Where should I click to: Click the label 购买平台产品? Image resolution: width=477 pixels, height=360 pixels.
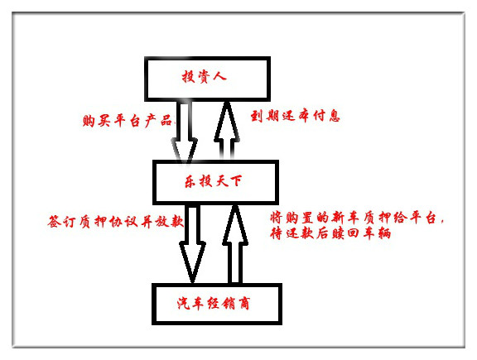[127, 121]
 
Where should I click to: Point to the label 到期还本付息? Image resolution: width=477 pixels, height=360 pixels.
[295, 116]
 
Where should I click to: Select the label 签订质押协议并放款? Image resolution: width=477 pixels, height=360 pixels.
[116, 221]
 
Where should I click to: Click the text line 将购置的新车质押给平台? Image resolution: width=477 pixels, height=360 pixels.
[357, 218]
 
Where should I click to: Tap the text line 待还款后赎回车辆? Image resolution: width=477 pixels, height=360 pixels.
[330, 233]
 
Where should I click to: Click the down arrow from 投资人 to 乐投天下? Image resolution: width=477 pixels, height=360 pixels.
[185, 132]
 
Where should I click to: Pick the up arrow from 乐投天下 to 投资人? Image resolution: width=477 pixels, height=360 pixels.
[227, 130]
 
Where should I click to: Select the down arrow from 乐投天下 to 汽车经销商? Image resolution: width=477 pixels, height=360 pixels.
[192, 244]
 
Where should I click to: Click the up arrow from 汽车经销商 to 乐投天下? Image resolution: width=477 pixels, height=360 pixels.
[235, 244]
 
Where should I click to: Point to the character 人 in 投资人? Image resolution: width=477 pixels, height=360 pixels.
[219, 76]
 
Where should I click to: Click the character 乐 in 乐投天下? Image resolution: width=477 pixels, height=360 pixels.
[190, 181]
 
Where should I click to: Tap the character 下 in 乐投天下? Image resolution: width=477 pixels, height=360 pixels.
[236, 181]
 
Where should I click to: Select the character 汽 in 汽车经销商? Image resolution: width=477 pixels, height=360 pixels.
[184, 303]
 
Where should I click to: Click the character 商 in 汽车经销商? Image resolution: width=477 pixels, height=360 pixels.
[244, 303]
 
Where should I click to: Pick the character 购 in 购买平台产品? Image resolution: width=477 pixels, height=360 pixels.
[89, 121]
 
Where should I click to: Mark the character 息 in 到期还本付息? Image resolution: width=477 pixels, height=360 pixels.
[334, 116]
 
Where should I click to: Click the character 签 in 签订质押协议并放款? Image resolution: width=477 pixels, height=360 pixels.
[54, 221]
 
